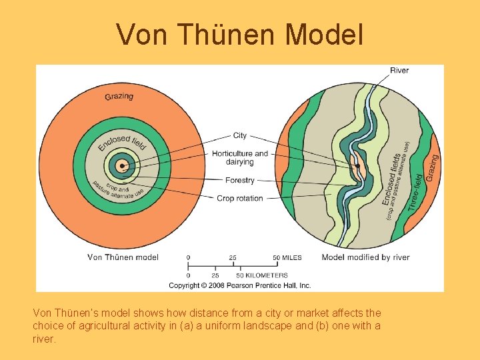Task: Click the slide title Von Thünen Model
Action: point(240,35)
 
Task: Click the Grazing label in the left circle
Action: point(119,96)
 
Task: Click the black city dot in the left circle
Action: point(121,166)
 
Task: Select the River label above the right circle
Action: point(399,71)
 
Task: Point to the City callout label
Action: point(240,135)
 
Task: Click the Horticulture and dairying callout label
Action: point(240,157)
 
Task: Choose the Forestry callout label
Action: point(240,180)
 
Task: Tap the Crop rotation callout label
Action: point(240,198)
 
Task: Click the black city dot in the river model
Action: point(358,165)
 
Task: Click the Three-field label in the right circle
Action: point(415,193)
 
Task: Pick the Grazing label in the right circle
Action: point(432,167)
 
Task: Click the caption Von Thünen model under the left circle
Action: point(123,257)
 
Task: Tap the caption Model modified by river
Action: point(365,257)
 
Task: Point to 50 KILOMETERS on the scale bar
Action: point(263,275)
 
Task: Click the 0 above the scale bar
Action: point(188,257)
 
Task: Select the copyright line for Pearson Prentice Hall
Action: point(240,285)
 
